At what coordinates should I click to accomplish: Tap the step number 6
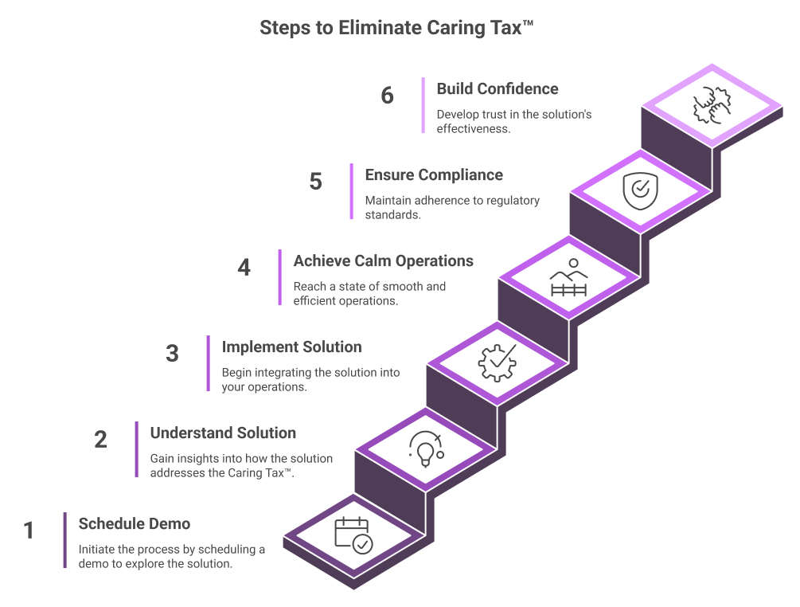pos(387,96)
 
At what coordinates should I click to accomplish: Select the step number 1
pos(29,531)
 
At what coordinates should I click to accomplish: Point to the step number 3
pos(172,354)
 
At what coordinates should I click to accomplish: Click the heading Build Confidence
pos(497,89)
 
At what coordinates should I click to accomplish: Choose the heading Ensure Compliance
pos(434,175)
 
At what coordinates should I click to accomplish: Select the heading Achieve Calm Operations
pos(383,261)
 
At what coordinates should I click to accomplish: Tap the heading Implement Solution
pos(291,347)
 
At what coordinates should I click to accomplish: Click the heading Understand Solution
pos(223,433)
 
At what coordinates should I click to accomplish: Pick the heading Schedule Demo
pos(134,524)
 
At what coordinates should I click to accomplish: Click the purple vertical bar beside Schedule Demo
pos(64,540)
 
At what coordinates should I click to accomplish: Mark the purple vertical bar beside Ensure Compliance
pos(351,191)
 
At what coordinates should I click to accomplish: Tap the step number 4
pos(244,268)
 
